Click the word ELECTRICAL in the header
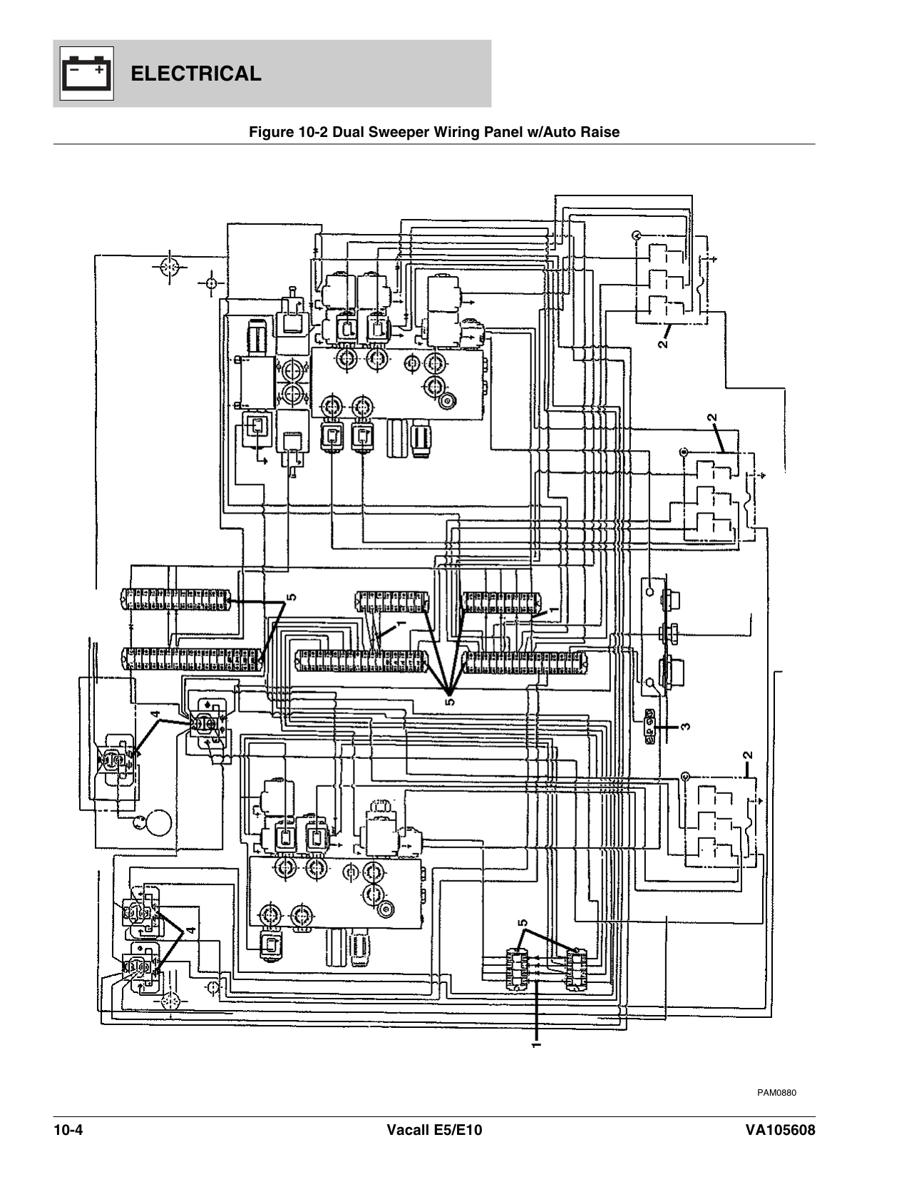pyautogui.click(x=197, y=73)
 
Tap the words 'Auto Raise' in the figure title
pyautogui.click(x=589, y=132)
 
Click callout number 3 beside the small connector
pyautogui.click(x=684, y=727)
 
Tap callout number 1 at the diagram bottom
pyautogui.click(x=536, y=1044)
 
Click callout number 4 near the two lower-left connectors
pyautogui.click(x=190, y=931)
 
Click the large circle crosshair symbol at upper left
pyautogui.click(x=169, y=267)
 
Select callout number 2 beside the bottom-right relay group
pyautogui.click(x=746, y=755)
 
